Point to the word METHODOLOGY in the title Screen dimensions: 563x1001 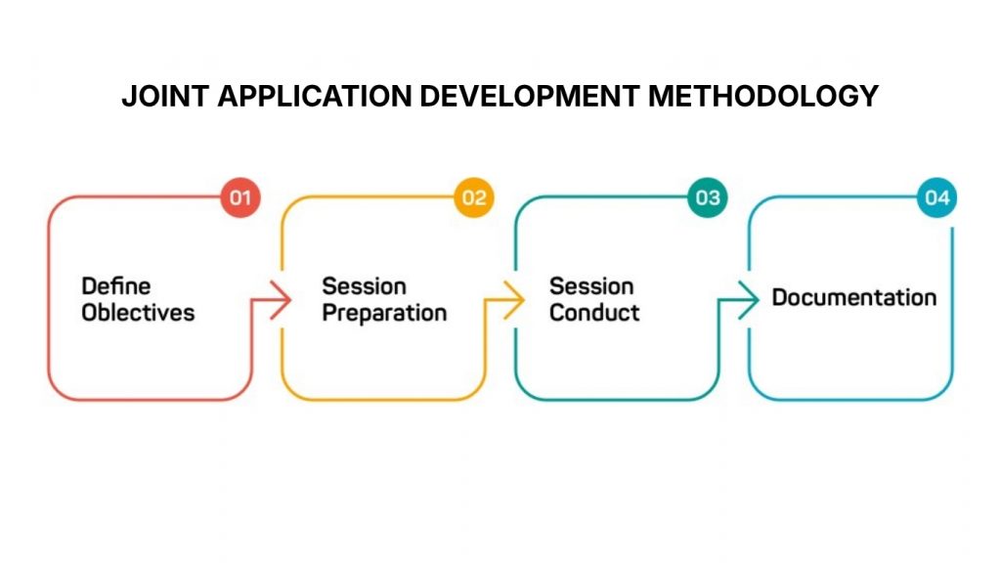[763, 97]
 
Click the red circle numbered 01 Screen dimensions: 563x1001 [240, 198]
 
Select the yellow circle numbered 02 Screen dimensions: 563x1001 [474, 198]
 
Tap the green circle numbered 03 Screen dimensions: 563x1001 [707, 198]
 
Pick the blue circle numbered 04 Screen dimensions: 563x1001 [936, 198]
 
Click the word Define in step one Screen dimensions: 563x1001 [116, 286]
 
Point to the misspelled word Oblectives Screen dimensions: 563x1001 [138, 313]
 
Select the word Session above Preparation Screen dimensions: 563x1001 [364, 286]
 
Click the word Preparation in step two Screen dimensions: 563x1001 [384, 313]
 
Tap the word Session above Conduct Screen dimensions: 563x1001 [591, 286]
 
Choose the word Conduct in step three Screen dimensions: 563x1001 [594, 313]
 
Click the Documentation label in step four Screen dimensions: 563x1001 [853, 297]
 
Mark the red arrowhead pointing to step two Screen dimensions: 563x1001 [282, 300]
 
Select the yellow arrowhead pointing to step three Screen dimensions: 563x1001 [514, 300]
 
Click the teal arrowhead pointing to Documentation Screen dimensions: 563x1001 [749, 300]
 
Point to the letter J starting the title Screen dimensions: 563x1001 [128, 97]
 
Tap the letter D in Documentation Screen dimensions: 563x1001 [780, 297]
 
